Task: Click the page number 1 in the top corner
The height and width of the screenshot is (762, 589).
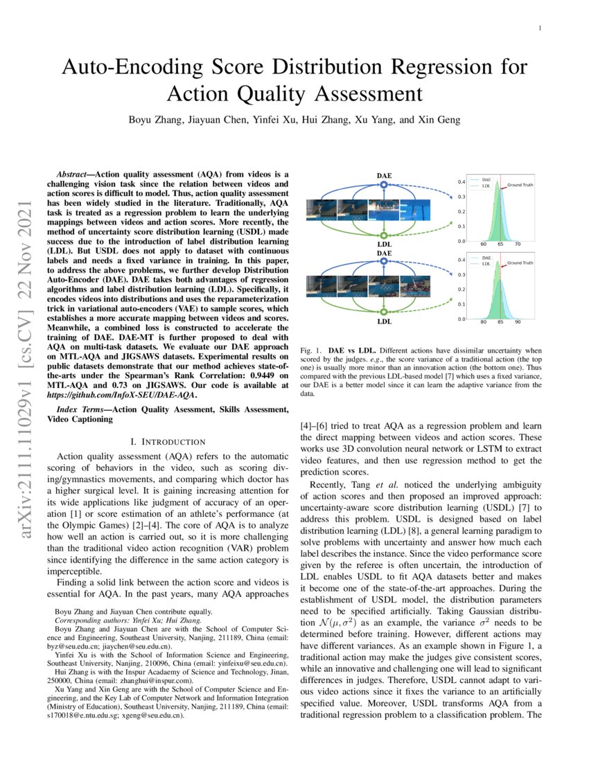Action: [x=540, y=28]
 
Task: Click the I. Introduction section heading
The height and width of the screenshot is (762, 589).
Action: [x=168, y=441]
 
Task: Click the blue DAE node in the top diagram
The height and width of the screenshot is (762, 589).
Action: [x=383, y=185]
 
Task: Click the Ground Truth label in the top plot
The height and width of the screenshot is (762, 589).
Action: [x=520, y=186]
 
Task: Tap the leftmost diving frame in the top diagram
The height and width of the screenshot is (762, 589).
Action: [x=315, y=210]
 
